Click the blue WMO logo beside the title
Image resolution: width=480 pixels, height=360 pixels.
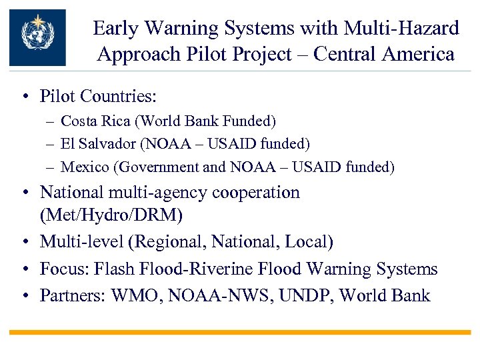(37, 37)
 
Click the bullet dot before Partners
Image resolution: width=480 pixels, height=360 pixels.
(25, 295)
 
